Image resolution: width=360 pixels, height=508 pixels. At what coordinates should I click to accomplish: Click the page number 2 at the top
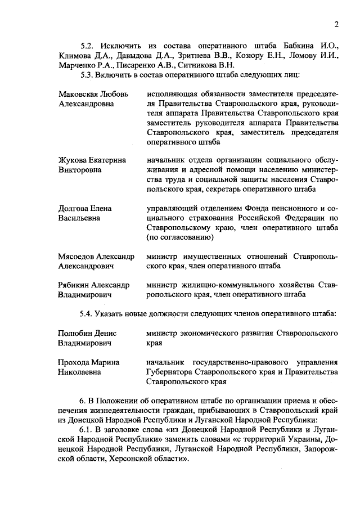point(336,24)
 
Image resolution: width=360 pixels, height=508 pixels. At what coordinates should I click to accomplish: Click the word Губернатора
point(171,372)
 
